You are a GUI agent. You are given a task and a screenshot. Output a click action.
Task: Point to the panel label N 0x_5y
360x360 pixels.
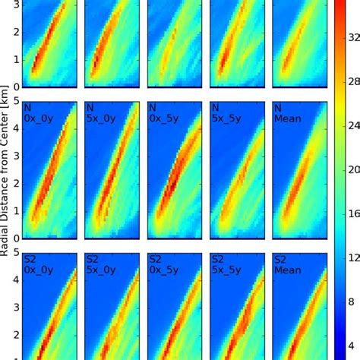(163, 114)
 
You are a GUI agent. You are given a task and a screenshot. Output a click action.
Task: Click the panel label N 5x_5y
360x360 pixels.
(226, 114)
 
